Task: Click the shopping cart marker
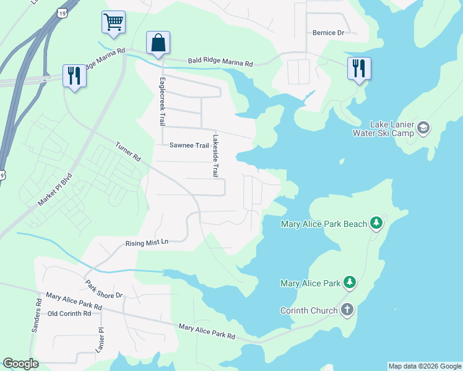[114, 22]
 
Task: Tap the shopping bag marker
[158, 43]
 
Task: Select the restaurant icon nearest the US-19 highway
[74, 76]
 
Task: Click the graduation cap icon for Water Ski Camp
[423, 128]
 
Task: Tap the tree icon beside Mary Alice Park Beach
[376, 223]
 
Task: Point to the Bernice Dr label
[328, 33]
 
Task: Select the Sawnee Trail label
[189, 145]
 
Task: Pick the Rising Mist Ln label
[147, 243]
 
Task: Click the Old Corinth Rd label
[69, 313]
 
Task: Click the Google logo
[21, 364]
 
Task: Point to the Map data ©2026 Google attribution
[425, 366]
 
